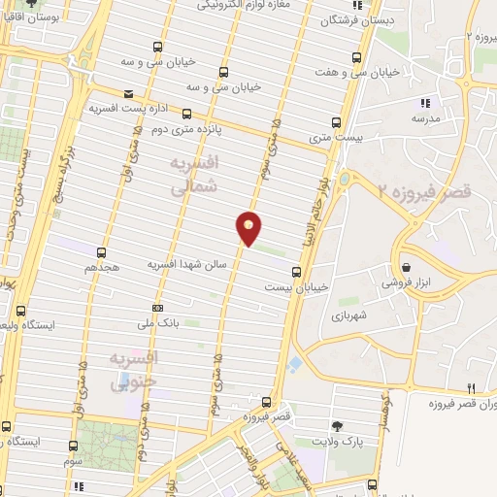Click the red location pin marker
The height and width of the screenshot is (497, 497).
pyautogui.click(x=249, y=228)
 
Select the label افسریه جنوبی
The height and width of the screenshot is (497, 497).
pyautogui.click(x=134, y=372)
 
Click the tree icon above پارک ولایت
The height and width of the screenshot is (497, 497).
pyautogui.click(x=337, y=426)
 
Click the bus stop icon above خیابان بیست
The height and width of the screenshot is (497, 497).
pyautogui.click(x=296, y=272)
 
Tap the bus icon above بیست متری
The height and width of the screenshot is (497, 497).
pyautogui.click(x=337, y=123)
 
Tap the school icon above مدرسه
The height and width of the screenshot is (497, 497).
pyautogui.click(x=424, y=102)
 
